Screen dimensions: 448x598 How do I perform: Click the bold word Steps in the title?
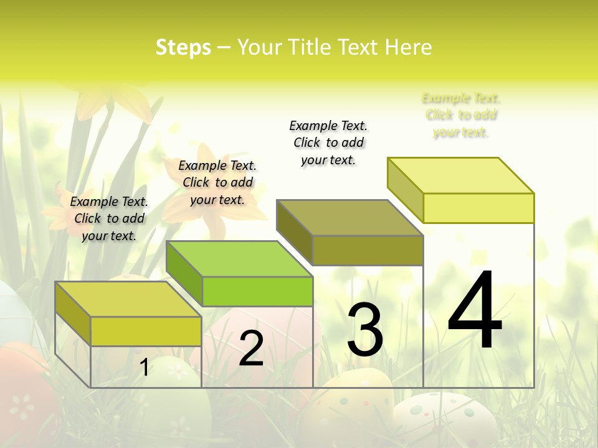pos(183,47)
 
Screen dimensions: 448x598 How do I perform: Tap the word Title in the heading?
pos(312,47)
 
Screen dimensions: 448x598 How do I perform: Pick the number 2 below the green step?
pos(251,348)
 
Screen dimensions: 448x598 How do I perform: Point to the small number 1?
pos(144,368)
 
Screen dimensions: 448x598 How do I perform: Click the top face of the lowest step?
pos(128,299)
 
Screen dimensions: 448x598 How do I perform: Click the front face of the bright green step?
pos(257,291)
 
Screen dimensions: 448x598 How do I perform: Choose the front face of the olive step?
pos(368,250)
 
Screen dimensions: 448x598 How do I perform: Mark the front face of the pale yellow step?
pos(478,208)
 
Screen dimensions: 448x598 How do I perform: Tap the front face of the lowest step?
pos(146,331)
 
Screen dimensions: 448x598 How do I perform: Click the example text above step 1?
pos(109,218)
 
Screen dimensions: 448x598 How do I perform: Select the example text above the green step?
pos(217,182)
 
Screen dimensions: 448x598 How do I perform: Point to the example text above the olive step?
pos(328,142)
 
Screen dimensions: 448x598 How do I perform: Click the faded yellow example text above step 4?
pos(461,115)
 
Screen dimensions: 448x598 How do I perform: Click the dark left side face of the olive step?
pos(294,232)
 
